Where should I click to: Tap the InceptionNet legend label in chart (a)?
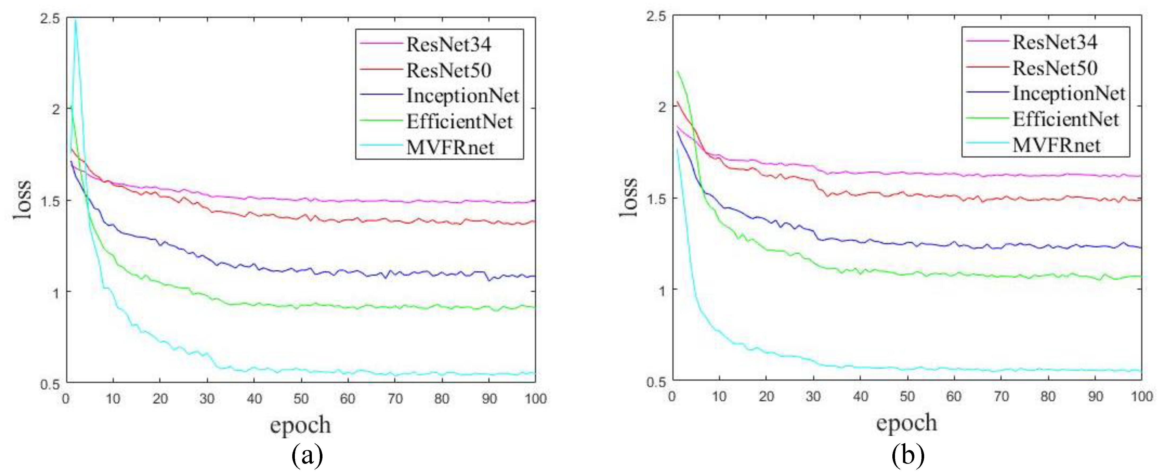(462, 96)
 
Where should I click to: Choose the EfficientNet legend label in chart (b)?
(1066, 119)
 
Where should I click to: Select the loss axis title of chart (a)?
(23, 200)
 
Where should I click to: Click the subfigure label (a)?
(307, 456)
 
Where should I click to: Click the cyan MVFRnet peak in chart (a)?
(76, 20)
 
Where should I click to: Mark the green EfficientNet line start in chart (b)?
(677, 71)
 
